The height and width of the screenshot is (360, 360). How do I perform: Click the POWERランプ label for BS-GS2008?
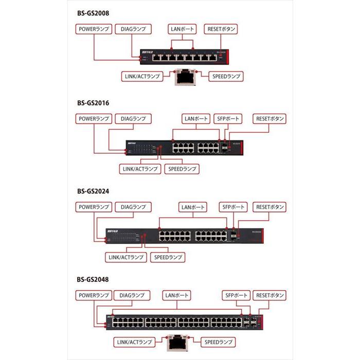[x=93, y=29]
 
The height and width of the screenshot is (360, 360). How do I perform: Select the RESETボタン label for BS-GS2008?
[x=221, y=29]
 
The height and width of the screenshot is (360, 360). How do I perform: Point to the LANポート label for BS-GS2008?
[x=182, y=29]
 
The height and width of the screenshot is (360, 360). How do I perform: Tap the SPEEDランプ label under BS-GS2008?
[x=226, y=76]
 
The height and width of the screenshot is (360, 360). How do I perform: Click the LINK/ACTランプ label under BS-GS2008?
[x=141, y=76]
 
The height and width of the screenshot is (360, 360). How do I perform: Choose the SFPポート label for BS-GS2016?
[x=227, y=119]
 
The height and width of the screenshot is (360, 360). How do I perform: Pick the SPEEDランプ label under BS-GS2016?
[x=182, y=169]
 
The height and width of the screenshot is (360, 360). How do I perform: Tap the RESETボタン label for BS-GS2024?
[x=270, y=207]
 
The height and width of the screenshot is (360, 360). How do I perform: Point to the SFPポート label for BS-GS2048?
[x=236, y=295]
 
